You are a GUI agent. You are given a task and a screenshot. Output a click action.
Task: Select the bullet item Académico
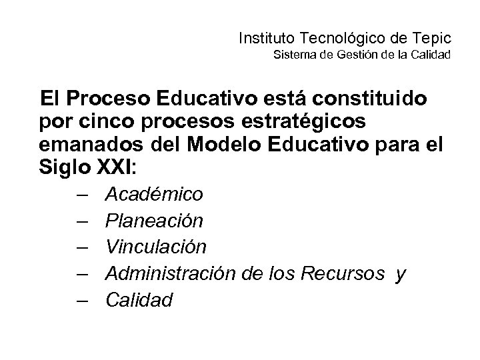tap(155, 194)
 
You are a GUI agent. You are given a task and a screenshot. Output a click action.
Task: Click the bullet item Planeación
tap(155, 220)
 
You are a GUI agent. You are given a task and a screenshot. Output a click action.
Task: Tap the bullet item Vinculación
tap(156, 247)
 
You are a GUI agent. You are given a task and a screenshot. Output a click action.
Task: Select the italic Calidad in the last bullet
tap(139, 300)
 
